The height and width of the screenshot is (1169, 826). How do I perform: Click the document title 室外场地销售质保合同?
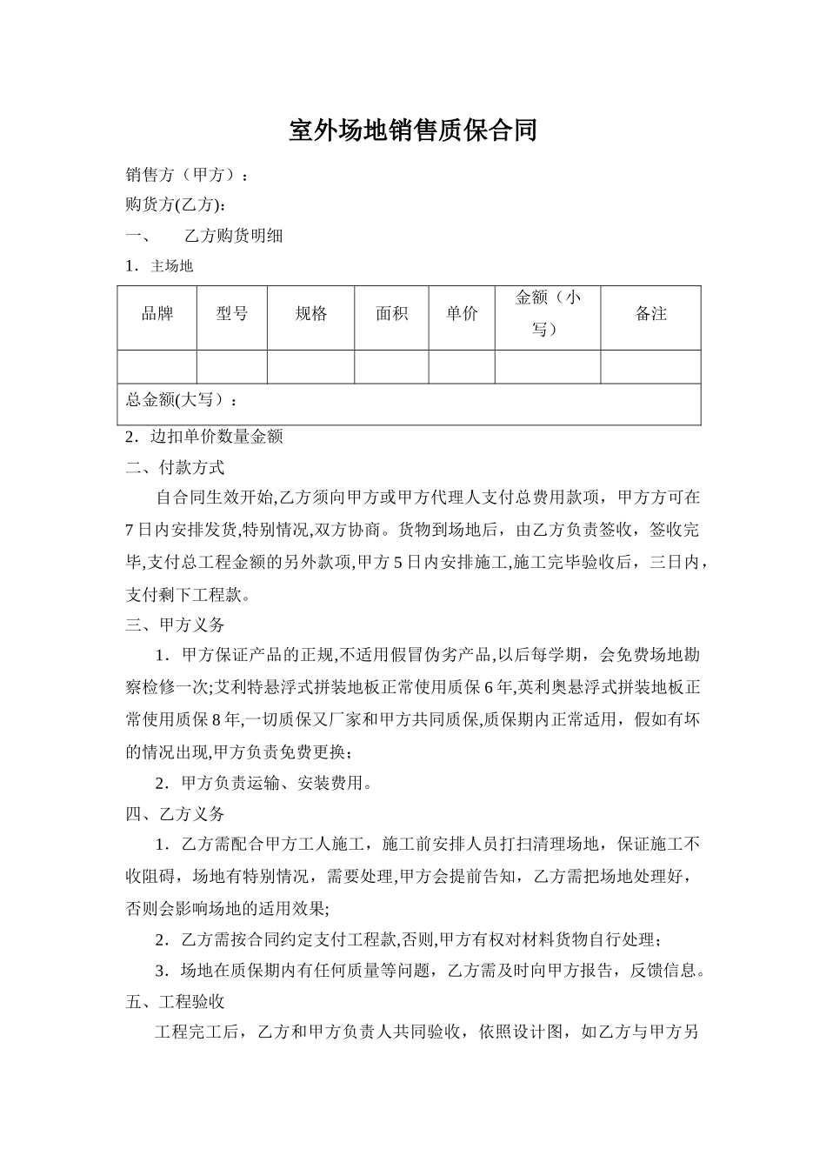tap(413, 130)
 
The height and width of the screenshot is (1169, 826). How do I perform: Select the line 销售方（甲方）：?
tap(187, 175)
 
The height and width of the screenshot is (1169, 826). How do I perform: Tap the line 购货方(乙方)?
tap(177, 205)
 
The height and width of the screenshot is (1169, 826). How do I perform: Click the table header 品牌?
tap(157, 314)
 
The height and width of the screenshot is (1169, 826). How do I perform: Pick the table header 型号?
tap(232, 314)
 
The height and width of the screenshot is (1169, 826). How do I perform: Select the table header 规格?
tap(310, 314)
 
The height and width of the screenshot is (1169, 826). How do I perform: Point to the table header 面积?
tap(391, 314)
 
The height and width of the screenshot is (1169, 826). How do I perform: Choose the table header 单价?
tap(462, 314)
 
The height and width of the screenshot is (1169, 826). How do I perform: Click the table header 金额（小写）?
tap(548, 314)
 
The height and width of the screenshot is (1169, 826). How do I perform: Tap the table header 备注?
tap(650, 314)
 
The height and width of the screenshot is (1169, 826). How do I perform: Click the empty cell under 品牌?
tap(157, 367)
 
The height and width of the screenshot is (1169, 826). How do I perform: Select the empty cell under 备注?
tap(650, 367)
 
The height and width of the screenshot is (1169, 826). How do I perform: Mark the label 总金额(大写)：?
tap(182, 400)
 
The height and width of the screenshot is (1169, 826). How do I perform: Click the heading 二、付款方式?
tap(176, 467)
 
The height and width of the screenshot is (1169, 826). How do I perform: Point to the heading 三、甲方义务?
tap(176, 625)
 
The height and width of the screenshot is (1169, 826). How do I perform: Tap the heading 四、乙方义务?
tap(176, 814)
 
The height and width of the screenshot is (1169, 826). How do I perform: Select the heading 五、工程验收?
tap(176, 1002)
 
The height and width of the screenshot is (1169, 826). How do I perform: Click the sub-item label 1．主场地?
tap(159, 266)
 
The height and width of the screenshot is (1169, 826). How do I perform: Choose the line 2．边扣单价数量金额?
tap(204, 437)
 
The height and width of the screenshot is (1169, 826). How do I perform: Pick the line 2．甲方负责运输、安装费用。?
tap(264, 783)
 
